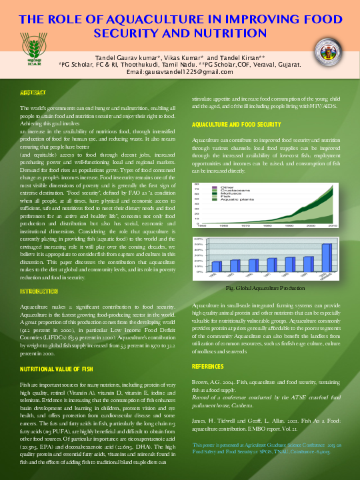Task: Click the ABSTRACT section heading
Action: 33,93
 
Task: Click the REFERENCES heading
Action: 208,367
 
